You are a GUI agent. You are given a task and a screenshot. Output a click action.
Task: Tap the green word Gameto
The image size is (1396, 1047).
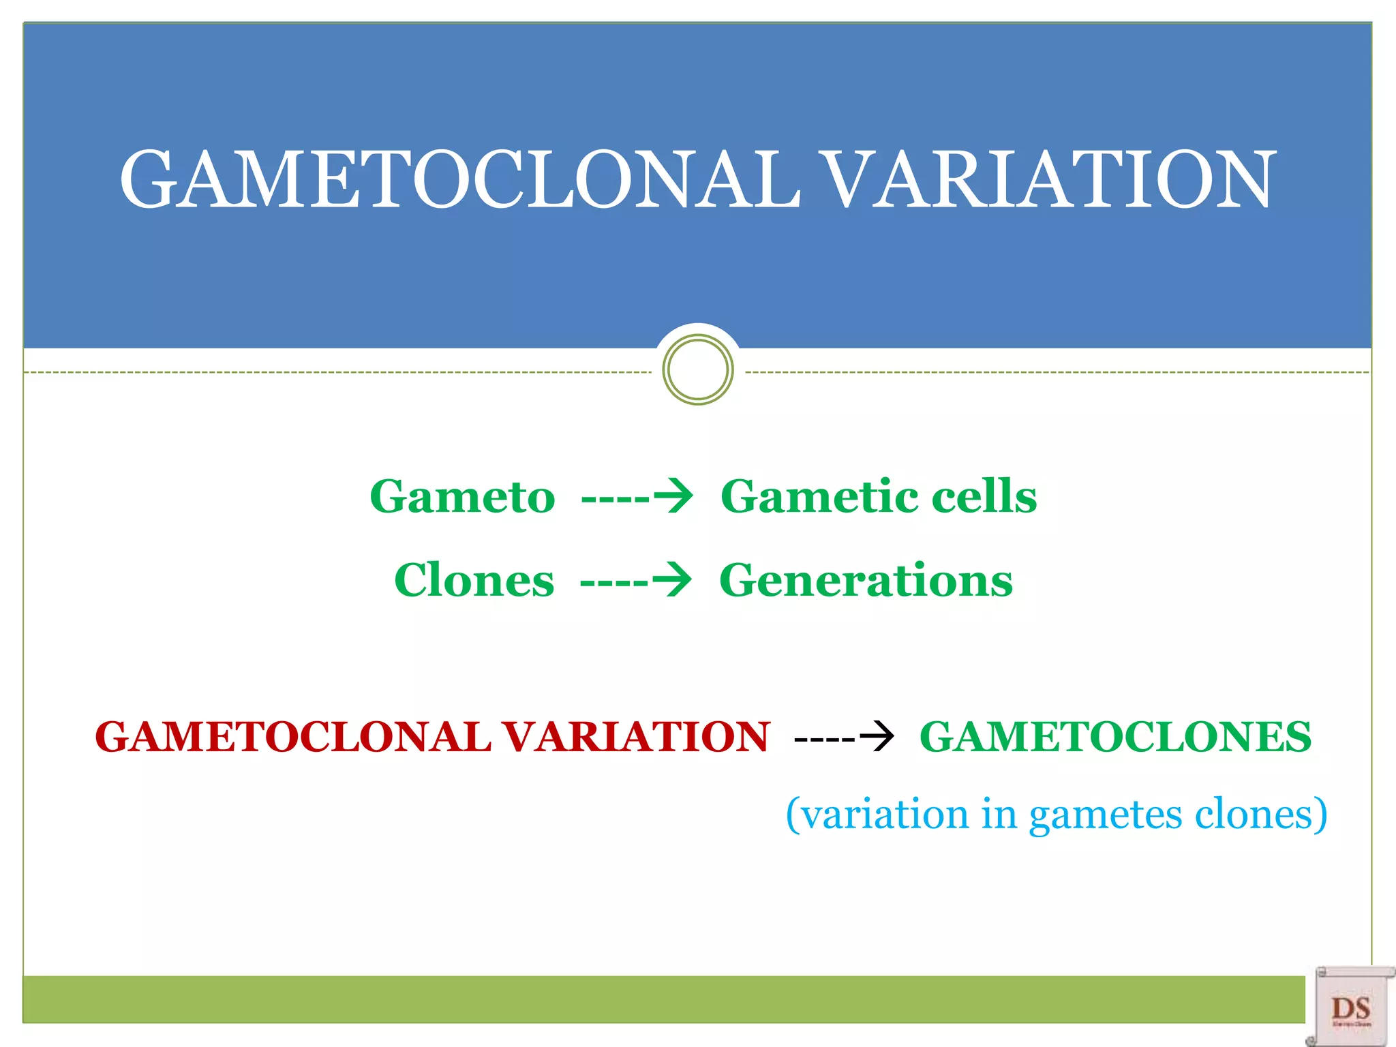pyautogui.click(x=462, y=496)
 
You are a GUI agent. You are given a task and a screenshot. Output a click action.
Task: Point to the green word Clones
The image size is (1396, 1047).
pyautogui.click(x=474, y=581)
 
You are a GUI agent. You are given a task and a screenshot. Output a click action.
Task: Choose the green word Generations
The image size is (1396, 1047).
pyautogui.click(x=866, y=581)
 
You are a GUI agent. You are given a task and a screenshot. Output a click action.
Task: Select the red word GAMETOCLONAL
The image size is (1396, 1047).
pyautogui.click(x=293, y=738)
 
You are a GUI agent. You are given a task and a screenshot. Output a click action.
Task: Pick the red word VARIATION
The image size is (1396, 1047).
pyautogui.click(x=636, y=738)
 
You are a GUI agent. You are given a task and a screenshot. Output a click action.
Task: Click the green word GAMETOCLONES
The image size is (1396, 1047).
pyautogui.click(x=1115, y=738)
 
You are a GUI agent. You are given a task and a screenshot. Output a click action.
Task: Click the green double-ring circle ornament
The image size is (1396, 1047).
pyautogui.click(x=697, y=369)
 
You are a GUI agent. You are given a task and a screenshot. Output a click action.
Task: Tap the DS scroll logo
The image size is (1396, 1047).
pyautogui.click(x=1350, y=1007)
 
